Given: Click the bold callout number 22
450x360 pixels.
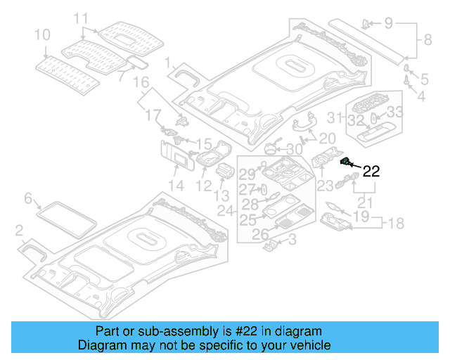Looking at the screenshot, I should click(371, 171).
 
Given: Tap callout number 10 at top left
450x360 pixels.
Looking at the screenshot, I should click(41, 34).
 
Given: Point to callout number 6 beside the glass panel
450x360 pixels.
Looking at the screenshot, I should click(29, 199).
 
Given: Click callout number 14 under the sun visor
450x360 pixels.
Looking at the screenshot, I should click(175, 186).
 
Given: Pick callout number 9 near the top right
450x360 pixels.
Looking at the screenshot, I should click(389, 22).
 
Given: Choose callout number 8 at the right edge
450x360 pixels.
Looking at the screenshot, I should click(427, 41).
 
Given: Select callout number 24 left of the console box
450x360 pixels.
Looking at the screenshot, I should click(226, 210).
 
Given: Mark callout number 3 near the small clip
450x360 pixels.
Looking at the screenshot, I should click(292, 241).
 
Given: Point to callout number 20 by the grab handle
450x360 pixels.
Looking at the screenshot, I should click(328, 138).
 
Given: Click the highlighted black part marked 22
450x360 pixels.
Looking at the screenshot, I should click(346, 162).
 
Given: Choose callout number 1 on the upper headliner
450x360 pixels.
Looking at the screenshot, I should click(168, 65).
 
